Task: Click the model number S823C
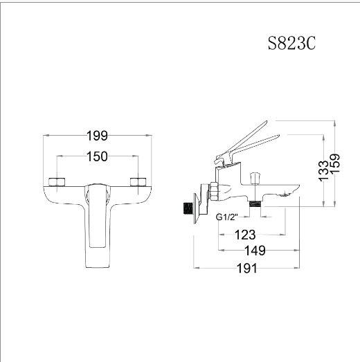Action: pyautogui.click(x=291, y=43)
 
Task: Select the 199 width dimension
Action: pyautogui.click(x=97, y=136)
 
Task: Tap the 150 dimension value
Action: pyautogui.click(x=97, y=156)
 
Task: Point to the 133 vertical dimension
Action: pyautogui.click(x=323, y=171)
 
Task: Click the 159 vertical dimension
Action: pyautogui.click(x=335, y=163)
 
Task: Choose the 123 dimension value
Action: pyautogui.click(x=245, y=235)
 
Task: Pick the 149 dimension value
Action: pyautogui.click(x=255, y=251)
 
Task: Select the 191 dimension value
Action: pyautogui.click(x=247, y=269)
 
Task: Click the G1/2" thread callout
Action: pyautogui.click(x=226, y=217)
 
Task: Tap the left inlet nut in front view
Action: pyautogui.click(x=57, y=182)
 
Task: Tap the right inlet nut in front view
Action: pyautogui.click(x=138, y=182)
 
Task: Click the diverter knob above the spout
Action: pyautogui.click(x=255, y=177)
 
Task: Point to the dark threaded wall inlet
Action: pyautogui.click(x=188, y=208)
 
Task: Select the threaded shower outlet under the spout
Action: pyautogui.click(x=255, y=204)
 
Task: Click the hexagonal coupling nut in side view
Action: pyautogui.click(x=213, y=192)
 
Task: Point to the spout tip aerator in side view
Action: pyautogui.click(x=285, y=195)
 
